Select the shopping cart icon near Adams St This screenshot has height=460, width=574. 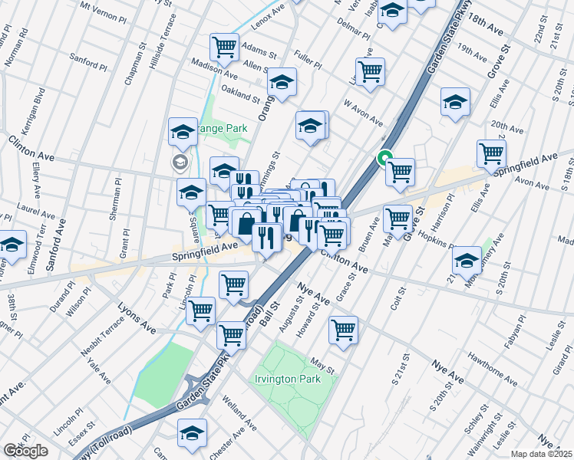point(224,46)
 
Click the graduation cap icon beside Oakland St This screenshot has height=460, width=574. point(282,82)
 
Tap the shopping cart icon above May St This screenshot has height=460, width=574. point(343,329)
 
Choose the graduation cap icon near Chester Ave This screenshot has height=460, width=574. point(192,433)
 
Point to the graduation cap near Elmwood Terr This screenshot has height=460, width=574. point(12,246)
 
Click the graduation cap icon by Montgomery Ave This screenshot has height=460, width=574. point(466,259)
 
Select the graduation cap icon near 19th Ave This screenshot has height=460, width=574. point(455,102)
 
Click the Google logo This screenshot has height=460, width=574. point(25,451)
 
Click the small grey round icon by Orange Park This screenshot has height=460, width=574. point(179,161)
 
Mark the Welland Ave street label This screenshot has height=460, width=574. point(240,412)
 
